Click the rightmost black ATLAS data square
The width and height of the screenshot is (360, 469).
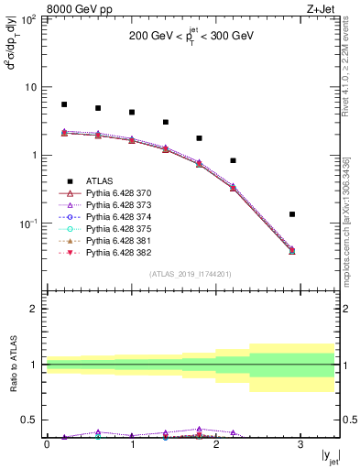click(292, 214)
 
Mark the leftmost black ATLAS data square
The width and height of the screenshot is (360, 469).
click(63, 104)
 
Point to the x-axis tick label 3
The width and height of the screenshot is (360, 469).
click(301, 444)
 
